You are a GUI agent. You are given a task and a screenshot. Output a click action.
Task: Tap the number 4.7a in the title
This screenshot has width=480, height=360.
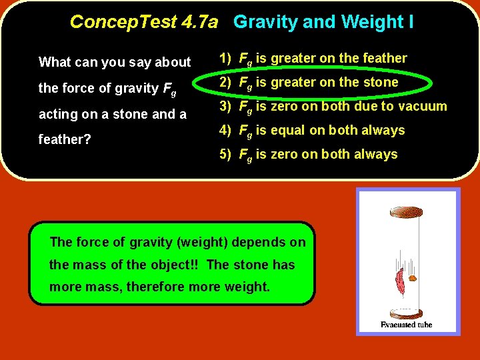pos(199,22)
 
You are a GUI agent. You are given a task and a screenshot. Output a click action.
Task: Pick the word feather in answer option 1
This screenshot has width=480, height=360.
pos(384,58)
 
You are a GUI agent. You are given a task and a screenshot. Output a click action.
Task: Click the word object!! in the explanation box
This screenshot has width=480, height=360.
pos(177,265)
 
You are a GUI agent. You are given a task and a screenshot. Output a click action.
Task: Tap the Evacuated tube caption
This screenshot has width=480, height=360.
pos(406,324)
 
